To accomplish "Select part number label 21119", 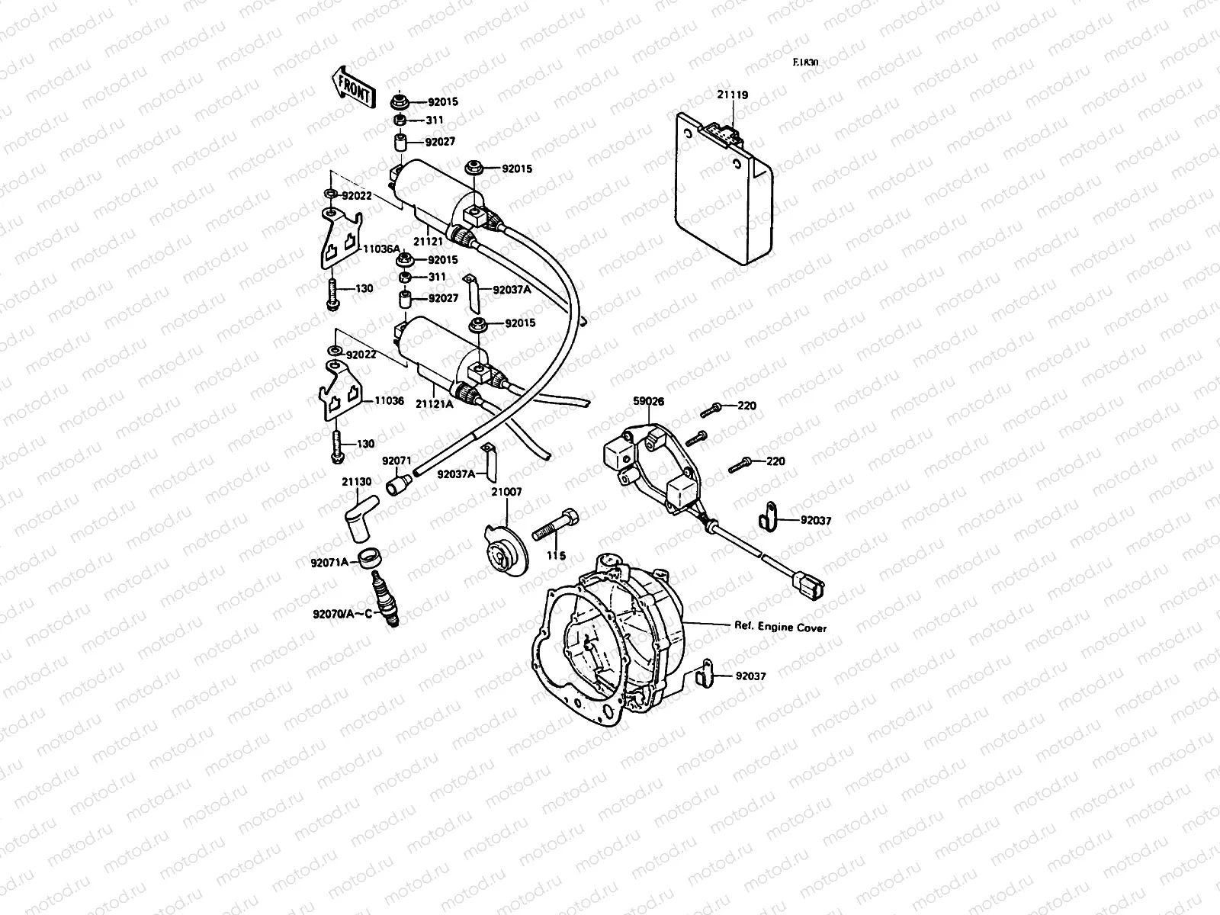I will point(732,95).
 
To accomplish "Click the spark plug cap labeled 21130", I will point(358,518).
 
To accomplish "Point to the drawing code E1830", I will point(804,63).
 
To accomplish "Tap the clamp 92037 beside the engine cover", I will point(705,674).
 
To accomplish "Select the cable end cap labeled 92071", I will point(399,484).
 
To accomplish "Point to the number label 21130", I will point(357,482).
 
